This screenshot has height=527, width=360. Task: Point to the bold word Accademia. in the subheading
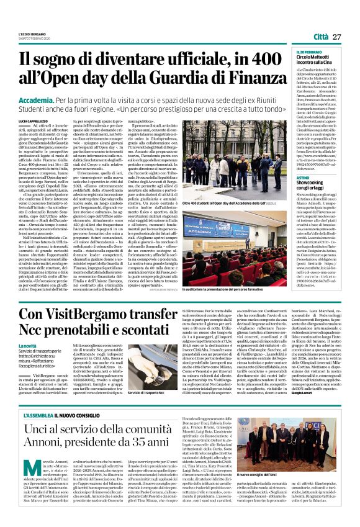click(x=38, y=99)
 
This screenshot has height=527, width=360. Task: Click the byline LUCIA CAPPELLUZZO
click(x=36, y=121)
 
